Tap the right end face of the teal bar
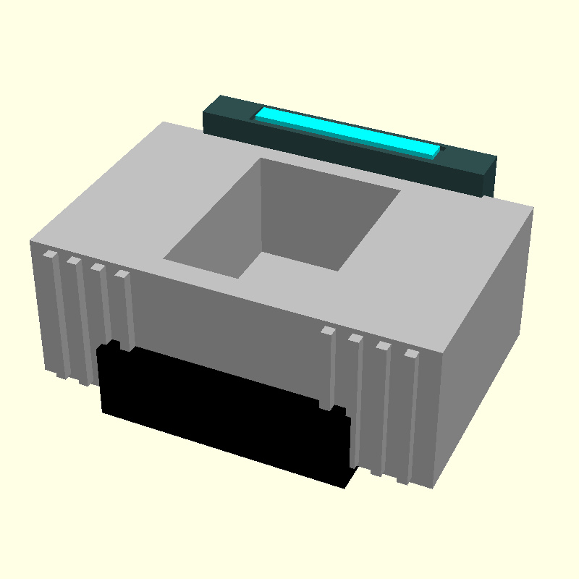click(490, 178)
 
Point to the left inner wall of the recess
click(214, 217)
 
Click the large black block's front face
click(217, 413)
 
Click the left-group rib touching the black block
click(126, 311)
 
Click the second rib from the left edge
click(78, 318)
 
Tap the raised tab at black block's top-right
click(339, 410)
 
